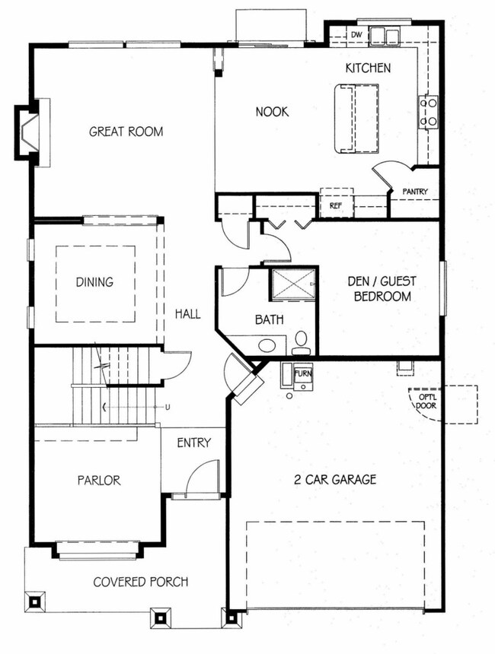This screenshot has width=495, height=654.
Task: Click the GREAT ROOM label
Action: point(126,132)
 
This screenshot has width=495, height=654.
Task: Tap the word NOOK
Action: point(272,112)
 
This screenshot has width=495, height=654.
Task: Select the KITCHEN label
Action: point(368,68)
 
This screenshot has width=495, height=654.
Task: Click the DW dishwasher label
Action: point(356,35)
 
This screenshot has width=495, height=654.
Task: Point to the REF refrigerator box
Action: point(337,203)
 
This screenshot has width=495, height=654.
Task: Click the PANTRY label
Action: point(415,192)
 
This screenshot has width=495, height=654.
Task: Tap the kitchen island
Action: point(356,119)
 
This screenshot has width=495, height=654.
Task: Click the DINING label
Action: point(95,282)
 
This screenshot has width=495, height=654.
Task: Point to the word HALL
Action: point(187,313)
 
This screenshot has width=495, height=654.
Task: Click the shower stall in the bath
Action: point(294,284)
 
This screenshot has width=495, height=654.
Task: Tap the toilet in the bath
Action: point(301,343)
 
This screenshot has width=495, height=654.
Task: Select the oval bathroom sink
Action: point(267,345)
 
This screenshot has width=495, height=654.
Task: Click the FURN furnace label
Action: point(303,373)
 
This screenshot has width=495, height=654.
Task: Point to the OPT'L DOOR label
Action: point(426,402)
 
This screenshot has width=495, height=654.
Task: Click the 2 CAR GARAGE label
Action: point(335,480)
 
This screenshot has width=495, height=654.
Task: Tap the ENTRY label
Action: point(194,443)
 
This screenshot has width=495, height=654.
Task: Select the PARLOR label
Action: point(99,481)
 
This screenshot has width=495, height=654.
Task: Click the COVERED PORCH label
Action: point(141,582)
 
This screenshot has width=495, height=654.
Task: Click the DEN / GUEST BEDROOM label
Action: point(382,289)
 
